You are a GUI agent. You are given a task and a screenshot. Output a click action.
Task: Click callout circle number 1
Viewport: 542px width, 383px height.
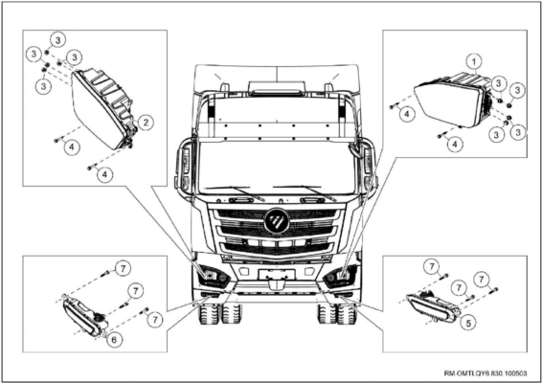474,62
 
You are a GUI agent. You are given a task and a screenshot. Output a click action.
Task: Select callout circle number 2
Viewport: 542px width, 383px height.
146,122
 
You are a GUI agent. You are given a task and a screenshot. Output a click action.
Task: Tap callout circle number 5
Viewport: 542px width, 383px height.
468,324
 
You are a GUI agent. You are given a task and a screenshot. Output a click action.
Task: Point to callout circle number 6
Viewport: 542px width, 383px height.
114,340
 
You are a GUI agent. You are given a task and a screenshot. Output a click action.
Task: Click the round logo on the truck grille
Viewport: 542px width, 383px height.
277,220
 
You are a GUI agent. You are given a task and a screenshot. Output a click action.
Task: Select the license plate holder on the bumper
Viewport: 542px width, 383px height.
277,274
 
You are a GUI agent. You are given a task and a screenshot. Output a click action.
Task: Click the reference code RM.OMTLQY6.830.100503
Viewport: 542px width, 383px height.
486,373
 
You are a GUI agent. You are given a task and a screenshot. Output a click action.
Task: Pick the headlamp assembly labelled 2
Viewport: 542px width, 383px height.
103,107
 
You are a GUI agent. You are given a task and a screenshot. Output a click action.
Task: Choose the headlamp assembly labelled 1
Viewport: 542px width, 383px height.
453,101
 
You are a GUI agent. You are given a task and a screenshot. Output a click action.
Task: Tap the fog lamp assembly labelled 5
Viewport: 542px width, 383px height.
432,305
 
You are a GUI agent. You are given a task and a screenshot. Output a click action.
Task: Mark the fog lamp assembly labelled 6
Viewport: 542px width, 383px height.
84,316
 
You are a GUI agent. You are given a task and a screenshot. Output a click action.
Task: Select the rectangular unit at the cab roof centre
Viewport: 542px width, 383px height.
277,88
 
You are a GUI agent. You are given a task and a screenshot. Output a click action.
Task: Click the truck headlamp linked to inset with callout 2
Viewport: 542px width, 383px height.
214,276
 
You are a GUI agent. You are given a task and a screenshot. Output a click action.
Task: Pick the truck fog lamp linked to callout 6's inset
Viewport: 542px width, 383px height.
210,295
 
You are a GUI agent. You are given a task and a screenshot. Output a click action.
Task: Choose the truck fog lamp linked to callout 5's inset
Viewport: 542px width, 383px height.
344,295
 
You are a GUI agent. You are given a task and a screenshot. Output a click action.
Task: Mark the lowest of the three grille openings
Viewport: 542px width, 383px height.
277,248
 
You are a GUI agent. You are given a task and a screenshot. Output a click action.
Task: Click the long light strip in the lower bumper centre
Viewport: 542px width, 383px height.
277,293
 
